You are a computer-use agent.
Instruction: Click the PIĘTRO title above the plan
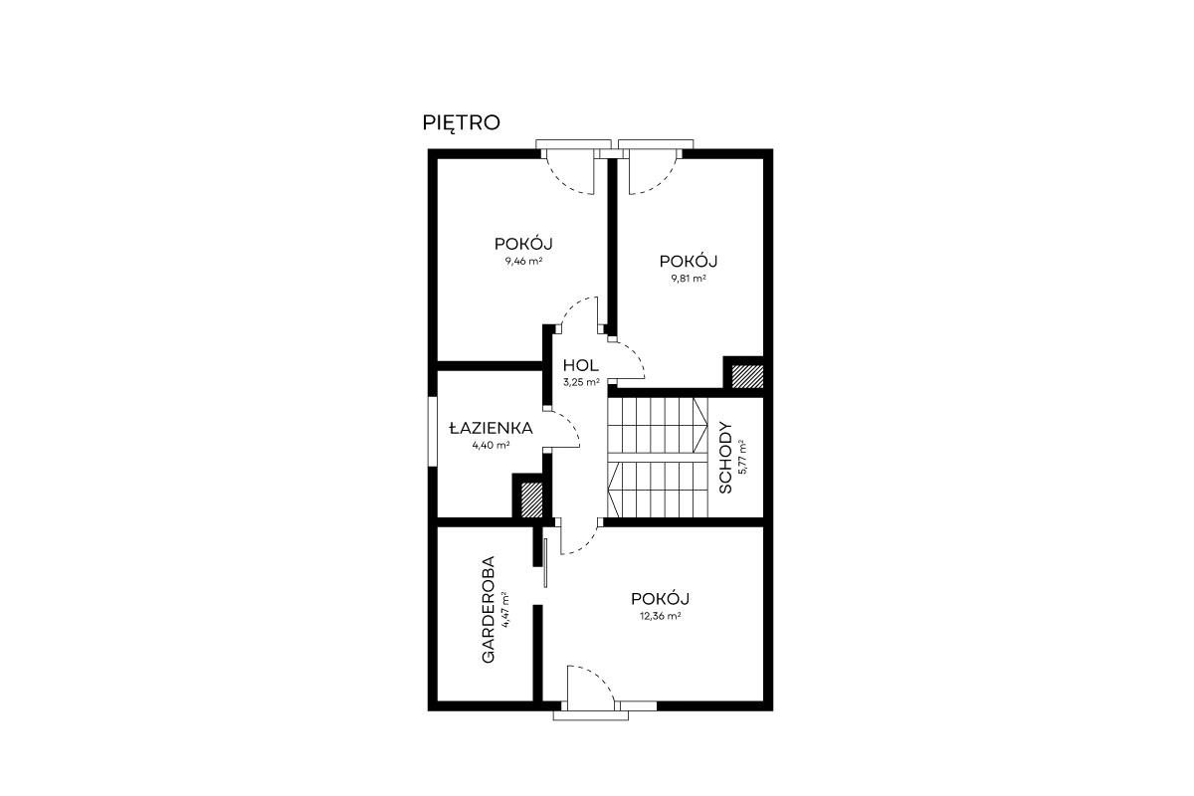tap(461, 123)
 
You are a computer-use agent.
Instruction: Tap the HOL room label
tap(580, 366)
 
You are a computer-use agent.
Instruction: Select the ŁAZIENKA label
tap(491, 428)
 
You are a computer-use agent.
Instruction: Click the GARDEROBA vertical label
tap(489, 609)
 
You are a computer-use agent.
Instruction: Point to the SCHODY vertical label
tap(725, 458)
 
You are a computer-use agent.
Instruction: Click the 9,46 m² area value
tap(524, 262)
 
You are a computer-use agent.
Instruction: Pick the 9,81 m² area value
tap(689, 278)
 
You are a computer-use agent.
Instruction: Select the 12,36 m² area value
tap(661, 616)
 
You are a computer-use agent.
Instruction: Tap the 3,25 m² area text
tap(581, 382)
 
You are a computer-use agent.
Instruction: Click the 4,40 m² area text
tap(491, 445)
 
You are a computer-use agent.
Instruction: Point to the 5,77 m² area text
tap(742, 457)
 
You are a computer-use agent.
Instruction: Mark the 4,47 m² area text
tap(504, 609)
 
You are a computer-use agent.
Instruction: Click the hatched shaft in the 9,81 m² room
tap(747, 376)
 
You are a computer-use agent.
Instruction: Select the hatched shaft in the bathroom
tap(531, 499)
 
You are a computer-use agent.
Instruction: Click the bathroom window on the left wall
tap(432, 432)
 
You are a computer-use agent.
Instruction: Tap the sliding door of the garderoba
tap(545, 563)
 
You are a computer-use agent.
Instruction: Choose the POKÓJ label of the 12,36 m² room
tap(660, 599)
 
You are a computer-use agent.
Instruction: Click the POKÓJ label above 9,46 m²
tap(523, 244)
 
